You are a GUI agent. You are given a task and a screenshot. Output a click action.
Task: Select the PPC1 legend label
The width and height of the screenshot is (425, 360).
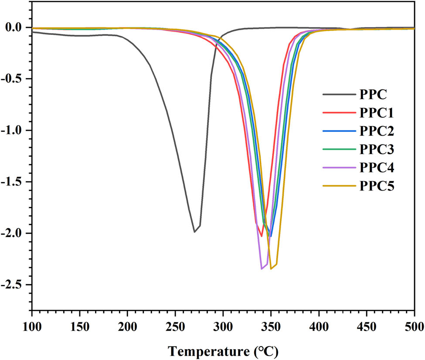(x=377, y=113)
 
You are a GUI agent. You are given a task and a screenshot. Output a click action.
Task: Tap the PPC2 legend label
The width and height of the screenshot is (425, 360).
(x=377, y=131)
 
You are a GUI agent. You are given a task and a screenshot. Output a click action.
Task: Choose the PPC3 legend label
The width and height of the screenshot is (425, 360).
(x=377, y=150)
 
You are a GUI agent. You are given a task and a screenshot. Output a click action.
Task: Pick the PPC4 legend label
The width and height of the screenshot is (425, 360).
(x=377, y=168)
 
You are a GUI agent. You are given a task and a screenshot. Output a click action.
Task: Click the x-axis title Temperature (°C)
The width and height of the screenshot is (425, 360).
(x=223, y=350)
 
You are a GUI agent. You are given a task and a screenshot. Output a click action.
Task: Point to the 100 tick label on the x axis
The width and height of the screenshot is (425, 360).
(x=32, y=326)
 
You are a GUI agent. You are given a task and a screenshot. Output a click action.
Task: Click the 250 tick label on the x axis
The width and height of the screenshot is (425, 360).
(x=175, y=326)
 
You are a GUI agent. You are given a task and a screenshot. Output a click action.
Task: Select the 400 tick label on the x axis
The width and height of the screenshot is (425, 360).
(x=319, y=326)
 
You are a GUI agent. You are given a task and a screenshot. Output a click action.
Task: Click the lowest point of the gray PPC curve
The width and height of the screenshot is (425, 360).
(x=194, y=232)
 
